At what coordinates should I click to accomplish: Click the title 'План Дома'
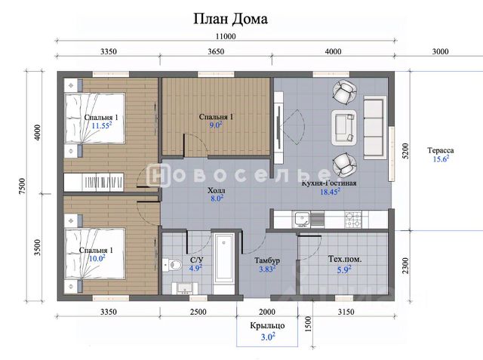click(230, 19)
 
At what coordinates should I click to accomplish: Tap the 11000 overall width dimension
click(226, 36)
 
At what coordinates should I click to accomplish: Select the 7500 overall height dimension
click(23, 186)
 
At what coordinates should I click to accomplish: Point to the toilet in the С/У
click(173, 265)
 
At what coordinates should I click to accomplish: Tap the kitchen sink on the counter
click(302, 219)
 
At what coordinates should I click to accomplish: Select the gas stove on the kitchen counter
click(353, 219)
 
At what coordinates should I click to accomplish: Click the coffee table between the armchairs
click(344, 128)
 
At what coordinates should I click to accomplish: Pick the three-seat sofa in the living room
click(375, 128)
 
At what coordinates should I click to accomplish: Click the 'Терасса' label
click(441, 151)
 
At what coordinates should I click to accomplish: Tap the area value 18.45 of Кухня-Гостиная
click(330, 192)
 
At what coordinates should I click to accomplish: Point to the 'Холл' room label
click(217, 190)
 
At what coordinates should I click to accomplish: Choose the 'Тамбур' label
click(267, 260)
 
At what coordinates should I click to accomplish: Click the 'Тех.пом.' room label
click(345, 259)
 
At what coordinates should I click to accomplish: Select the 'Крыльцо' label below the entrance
click(267, 326)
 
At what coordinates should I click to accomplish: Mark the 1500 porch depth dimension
click(309, 324)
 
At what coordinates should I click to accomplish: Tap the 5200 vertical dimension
click(405, 151)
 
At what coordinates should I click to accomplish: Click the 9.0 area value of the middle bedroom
click(216, 125)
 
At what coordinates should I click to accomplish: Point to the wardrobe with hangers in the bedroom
click(94, 183)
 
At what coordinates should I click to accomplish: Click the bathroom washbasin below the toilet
click(185, 288)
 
